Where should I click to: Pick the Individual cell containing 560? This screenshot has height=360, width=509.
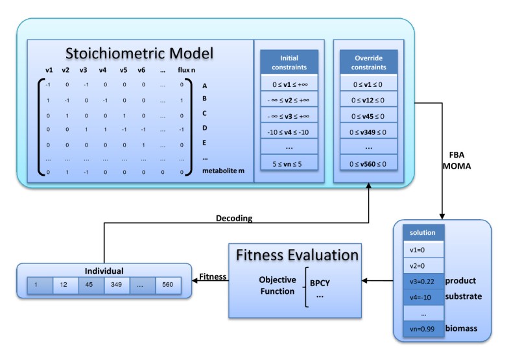pyautogui.click(x=168, y=284)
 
